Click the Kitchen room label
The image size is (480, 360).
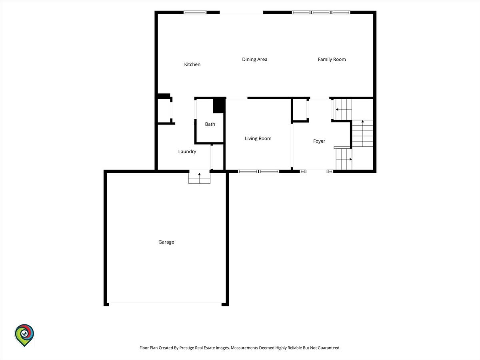pos(192,64)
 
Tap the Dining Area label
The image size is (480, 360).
pos(254,59)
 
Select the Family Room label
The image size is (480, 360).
pos(332,59)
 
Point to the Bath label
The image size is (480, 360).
pos(210,124)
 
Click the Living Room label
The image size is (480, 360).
pos(258,138)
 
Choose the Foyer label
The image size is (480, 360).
pos(319,141)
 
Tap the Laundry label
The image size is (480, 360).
pos(187,152)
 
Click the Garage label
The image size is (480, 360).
pos(166,242)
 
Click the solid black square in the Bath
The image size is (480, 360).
pos(219,106)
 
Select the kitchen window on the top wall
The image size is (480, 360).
pos(195,12)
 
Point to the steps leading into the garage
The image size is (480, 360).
pos(199,178)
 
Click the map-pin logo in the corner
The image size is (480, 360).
pos(24,335)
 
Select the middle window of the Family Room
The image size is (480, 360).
pos(321,12)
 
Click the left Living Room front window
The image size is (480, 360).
pos(248,171)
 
